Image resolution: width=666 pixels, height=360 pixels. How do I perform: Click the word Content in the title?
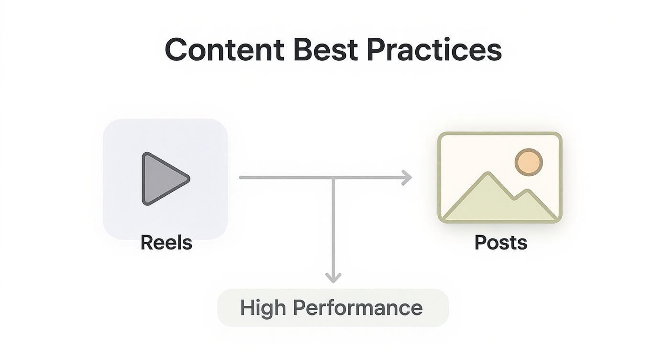(224, 50)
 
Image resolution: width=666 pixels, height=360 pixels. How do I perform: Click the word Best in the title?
(325, 50)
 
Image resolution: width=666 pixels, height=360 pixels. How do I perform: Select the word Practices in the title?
(434, 50)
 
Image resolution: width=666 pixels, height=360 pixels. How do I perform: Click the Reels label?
(166, 243)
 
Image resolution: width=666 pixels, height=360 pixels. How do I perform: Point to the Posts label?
(500, 243)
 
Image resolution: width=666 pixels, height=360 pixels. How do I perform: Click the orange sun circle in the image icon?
(528, 162)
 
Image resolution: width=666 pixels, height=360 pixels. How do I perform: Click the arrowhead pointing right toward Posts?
(407, 178)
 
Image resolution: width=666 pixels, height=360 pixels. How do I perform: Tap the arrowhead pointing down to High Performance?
(333, 277)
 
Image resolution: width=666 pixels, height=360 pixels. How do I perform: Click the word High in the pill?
(261, 308)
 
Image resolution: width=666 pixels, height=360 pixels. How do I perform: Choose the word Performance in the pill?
(357, 308)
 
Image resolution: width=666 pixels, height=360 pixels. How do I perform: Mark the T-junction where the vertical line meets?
(333, 178)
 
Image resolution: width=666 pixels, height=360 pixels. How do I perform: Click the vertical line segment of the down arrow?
(333, 225)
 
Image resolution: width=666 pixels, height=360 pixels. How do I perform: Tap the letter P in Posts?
(480, 243)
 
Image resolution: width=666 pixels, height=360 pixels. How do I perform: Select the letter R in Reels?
(146, 243)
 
